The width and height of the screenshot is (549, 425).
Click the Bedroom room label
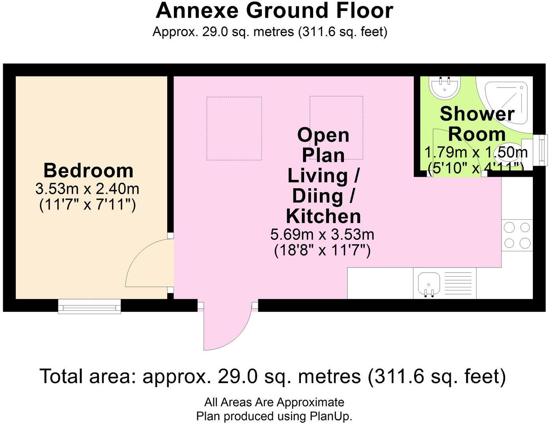coord(88,170)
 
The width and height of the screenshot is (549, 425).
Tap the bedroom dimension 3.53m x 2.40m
coord(87,189)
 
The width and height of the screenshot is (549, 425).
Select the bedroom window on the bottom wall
coord(90,306)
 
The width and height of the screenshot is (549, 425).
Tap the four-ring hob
coord(517,235)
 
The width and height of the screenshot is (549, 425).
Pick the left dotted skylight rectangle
coord(234,128)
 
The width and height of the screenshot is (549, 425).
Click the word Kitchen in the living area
coord(323,216)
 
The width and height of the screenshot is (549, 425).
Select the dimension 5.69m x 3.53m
coord(322,235)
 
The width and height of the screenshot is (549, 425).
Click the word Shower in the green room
coord(477,114)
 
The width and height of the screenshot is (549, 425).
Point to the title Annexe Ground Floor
coord(274,11)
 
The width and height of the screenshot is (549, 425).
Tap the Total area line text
coord(273,376)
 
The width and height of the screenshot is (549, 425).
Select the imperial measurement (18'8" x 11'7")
coord(322,250)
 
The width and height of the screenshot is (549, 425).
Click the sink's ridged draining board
coord(458,283)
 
